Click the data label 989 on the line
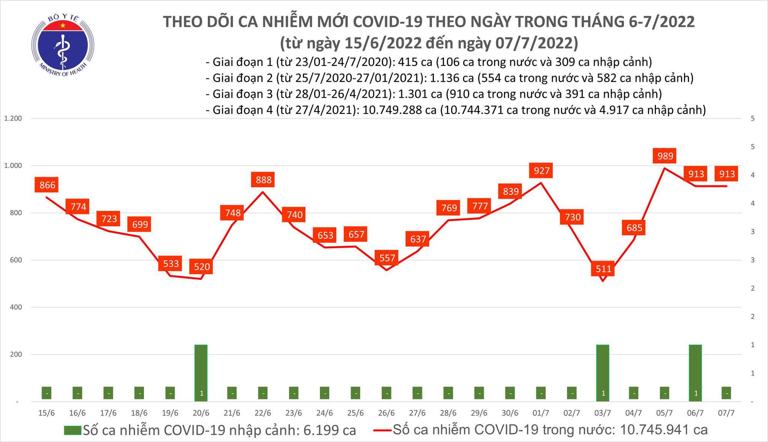tap(665, 156)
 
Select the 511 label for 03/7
tap(603, 269)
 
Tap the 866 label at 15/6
tap(47, 185)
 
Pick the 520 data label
tap(202, 266)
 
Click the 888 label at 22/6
tap(263, 180)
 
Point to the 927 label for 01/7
tap(541, 170)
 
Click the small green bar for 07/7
tap(726, 393)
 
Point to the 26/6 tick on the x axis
tap(386, 413)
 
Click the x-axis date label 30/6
tap(510, 413)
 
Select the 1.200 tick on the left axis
tap(13, 119)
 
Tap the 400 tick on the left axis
tap(16, 307)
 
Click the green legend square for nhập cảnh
tap(73, 430)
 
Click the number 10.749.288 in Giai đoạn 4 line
tap(399, 110)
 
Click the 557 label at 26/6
tap(387, 258)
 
